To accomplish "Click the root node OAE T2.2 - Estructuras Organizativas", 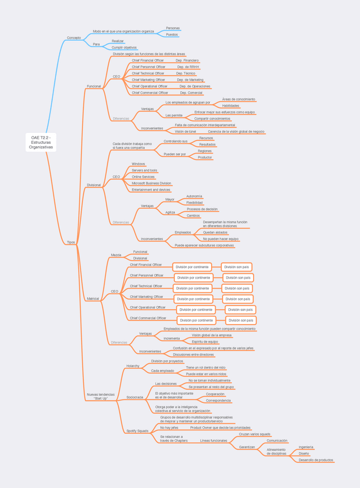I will [x=41, y=142].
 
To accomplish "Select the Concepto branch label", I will [x=74, y=38].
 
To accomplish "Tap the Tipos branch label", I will [x=71, y=242].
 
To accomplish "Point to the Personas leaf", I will [x=173, y=28].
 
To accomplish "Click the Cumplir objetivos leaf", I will [x=124, y=47].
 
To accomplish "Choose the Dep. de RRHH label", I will [x=187, y=67].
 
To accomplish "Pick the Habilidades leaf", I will [x=231, y=106].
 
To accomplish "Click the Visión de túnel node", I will [x=185, y=131].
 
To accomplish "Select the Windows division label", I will [x=139, y=164].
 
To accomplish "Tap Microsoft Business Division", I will [x=151, y=183].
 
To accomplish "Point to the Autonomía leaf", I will [x=194, y=196].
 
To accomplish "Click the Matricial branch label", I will [x=93, y=299].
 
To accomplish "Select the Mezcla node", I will [x=116, y=254].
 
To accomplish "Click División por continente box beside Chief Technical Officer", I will [x=193, y=288].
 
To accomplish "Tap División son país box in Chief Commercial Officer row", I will [x=240, y=321].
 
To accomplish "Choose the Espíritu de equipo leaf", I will [x=205, y=342].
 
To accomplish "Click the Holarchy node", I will [x=133, y=366].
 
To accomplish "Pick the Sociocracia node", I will [x=135, y=397].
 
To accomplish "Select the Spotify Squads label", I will [x=137, y=430].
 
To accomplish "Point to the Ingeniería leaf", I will [x=306, y=447].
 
